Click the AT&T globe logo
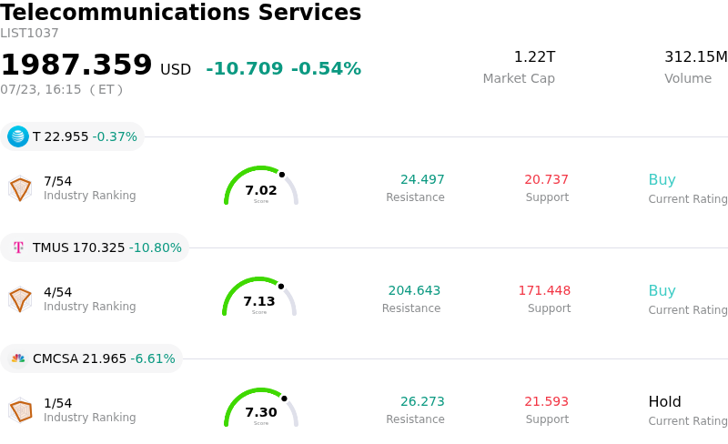18,136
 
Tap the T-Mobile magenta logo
18,247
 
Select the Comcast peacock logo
18,358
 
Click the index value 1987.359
76,64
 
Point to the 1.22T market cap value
534,56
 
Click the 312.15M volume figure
696,56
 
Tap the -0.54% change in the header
326,68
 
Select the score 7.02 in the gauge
261,190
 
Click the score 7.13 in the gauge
259,301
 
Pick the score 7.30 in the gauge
261,412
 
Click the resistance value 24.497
422,179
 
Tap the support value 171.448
544,290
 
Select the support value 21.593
547,401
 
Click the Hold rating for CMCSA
665,401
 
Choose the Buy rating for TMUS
662,290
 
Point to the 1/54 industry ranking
57,403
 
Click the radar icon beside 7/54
20,188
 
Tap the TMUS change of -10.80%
155,247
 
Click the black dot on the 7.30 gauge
284,399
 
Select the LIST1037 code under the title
29,33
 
